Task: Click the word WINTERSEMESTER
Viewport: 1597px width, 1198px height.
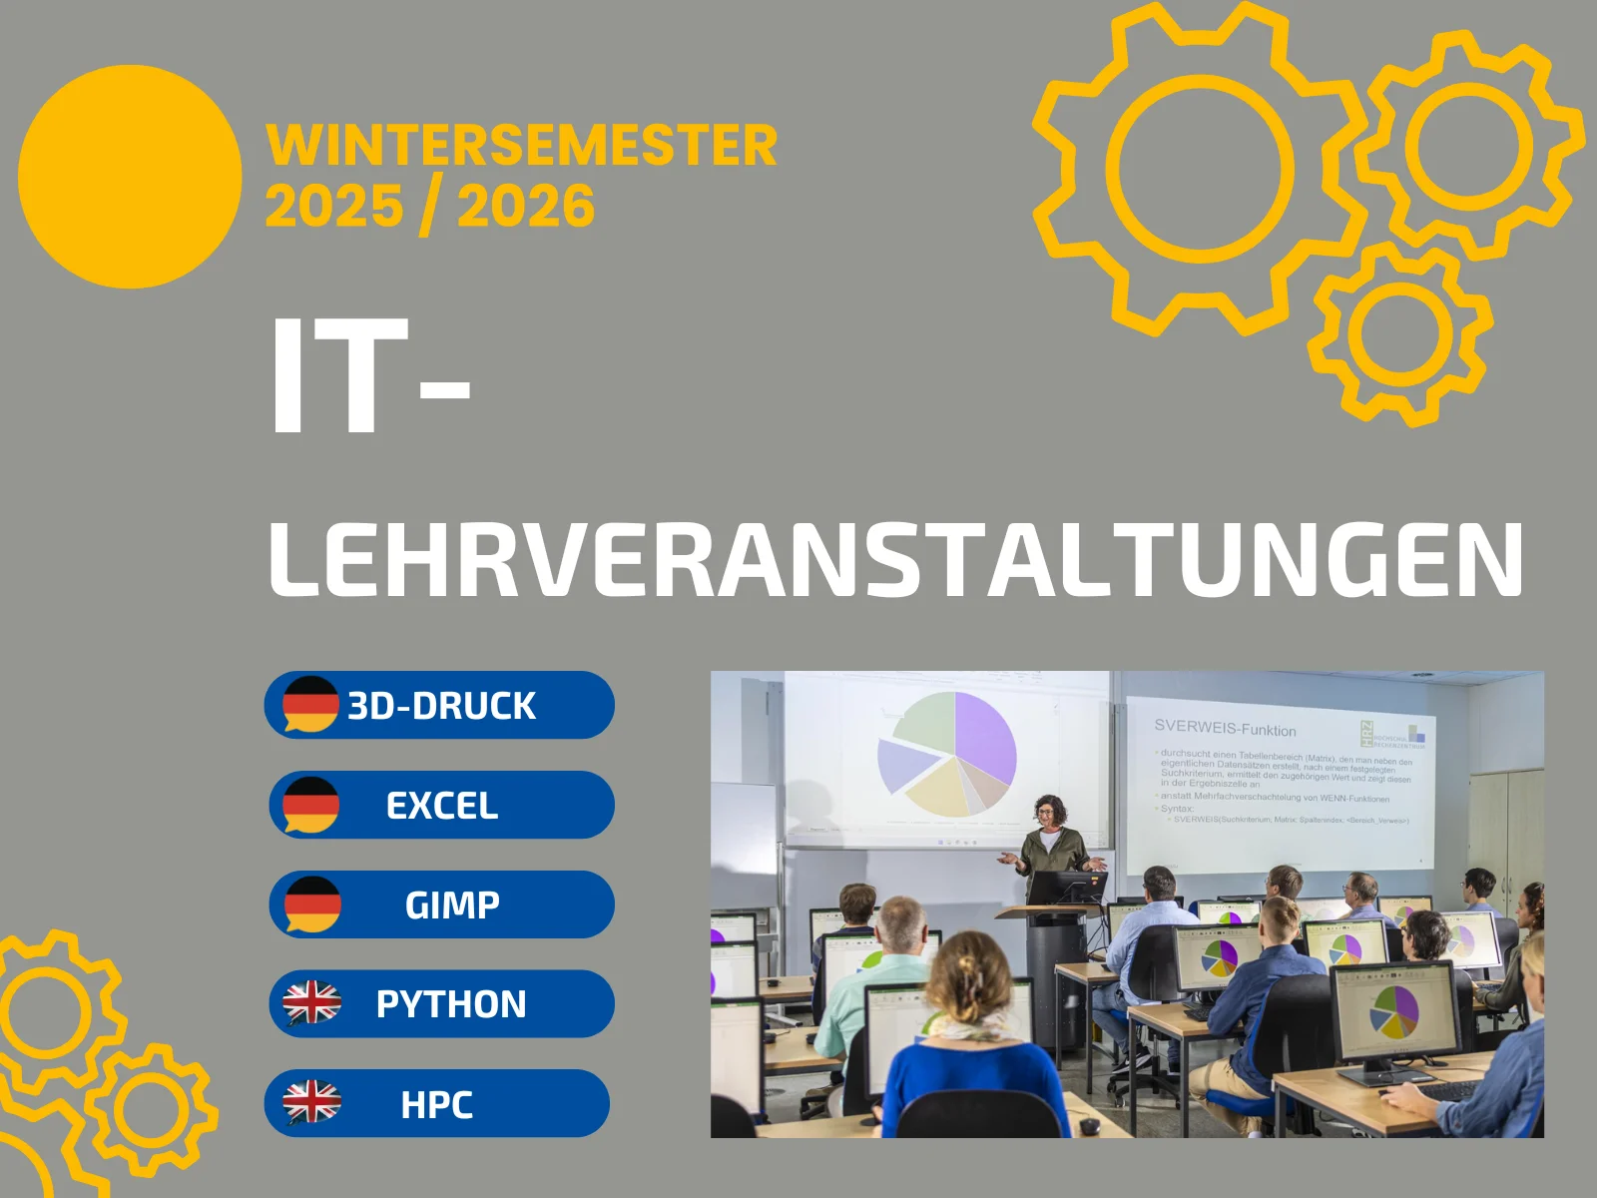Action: point(521,146)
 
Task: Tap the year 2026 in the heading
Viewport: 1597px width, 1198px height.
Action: point(525,208)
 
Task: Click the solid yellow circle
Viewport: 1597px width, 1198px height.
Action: point(130,177)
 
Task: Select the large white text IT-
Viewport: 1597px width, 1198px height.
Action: point(369,376)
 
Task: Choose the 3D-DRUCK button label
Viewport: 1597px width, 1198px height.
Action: point(441,706)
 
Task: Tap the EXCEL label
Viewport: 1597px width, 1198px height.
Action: point(441,806)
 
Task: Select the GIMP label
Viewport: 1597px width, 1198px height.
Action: point(452,904)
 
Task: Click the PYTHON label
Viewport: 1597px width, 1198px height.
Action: point(451,1004)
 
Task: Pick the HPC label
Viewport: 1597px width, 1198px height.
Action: point(436,1104)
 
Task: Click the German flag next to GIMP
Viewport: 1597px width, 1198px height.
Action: point(312,903)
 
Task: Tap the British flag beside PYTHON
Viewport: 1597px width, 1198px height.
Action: point(311,1002)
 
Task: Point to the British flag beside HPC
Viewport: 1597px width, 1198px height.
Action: point(311,1102)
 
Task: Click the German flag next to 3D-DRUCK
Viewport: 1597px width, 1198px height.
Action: point(310,704)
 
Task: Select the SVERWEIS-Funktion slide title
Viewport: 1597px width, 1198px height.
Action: point(1225,729)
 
